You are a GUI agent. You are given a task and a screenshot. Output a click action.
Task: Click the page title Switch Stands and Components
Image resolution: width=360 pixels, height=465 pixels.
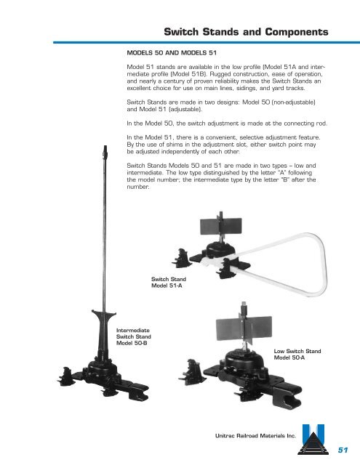[245, 32]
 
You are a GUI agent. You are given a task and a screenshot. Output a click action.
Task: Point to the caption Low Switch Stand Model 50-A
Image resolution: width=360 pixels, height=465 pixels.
[297, 355]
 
